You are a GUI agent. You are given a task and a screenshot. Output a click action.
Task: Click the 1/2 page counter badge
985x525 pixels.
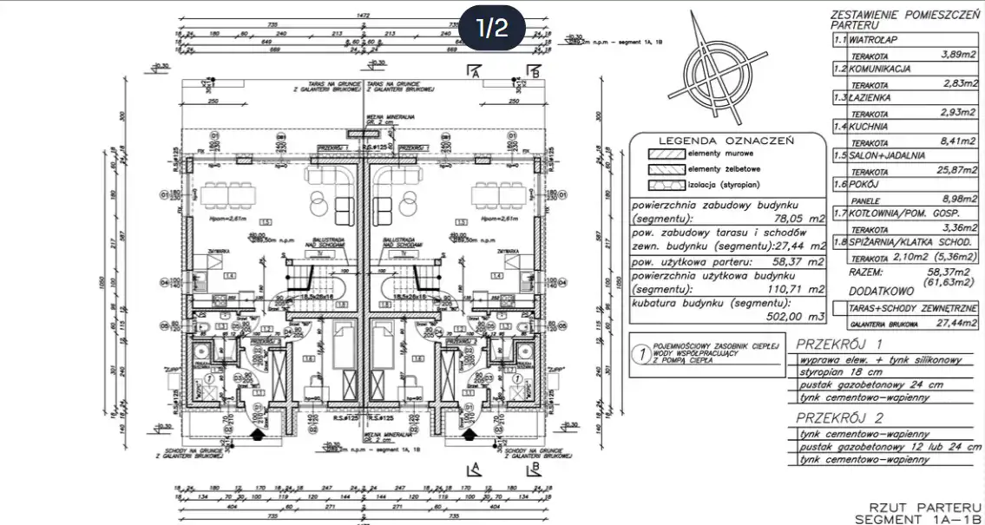tap(491, 29)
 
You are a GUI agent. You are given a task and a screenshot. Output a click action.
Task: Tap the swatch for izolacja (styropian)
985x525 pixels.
tap(664, 186)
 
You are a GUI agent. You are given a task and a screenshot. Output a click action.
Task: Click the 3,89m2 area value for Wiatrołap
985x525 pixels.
tap(958, 54)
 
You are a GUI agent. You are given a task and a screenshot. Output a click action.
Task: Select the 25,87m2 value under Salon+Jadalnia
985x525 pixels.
tap(954, 172)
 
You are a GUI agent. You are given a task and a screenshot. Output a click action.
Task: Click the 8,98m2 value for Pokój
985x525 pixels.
tap(958, 199)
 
